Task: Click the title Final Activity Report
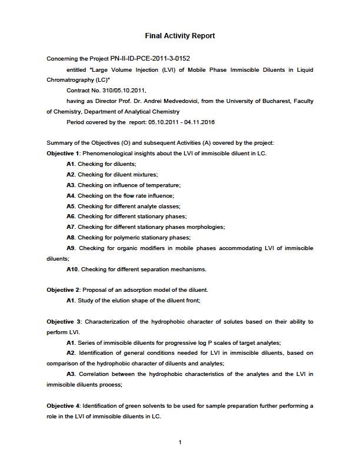[x=180, y=36]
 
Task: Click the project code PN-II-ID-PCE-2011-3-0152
[x=150, y=58]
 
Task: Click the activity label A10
[x=72, y=269]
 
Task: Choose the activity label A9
[x=71, y=248]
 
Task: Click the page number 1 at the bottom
[x=180, y=442]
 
